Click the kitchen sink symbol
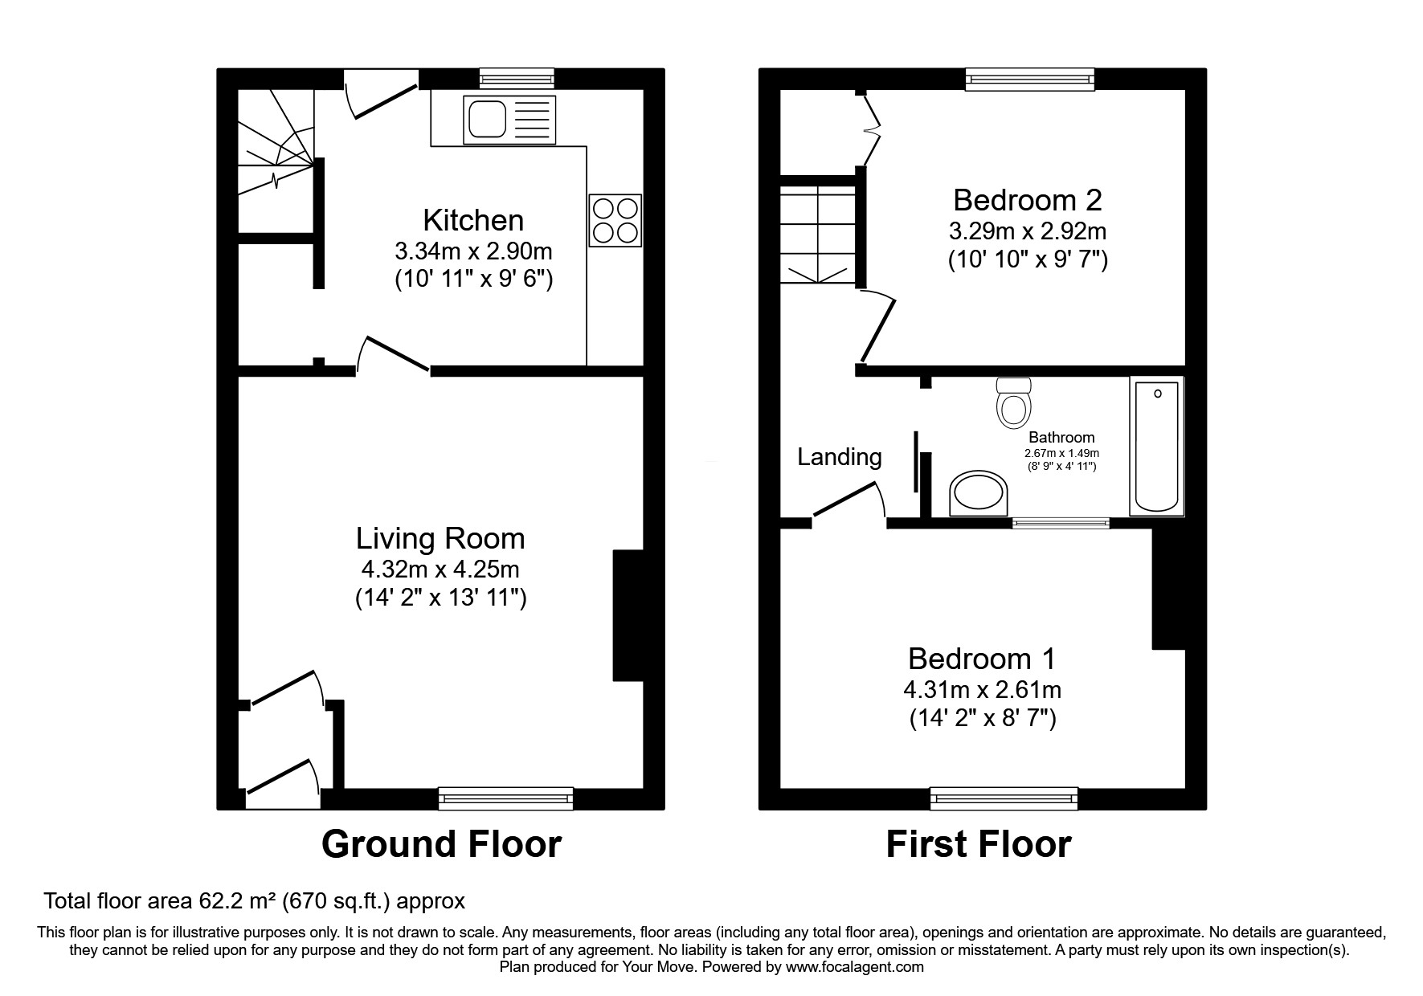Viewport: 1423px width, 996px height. click(509, 119)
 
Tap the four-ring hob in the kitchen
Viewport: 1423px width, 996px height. click(615, 220)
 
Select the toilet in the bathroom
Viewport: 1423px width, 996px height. click(1012, 404)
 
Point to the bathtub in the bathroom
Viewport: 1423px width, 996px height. click(1156, 446)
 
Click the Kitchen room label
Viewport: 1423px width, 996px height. click(472, 220)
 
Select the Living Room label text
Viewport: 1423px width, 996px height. click(440, 538)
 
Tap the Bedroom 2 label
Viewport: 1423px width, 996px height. click(1026, 199)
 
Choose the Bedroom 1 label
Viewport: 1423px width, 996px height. click(981, 659)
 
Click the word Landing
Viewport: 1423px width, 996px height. click(839, 457)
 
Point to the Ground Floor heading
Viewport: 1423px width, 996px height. click(441, 845)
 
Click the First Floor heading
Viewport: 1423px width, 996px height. click(978, 845)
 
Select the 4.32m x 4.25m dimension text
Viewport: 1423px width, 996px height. click(440, 569)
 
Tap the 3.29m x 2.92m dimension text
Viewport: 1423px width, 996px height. click(1027, 231)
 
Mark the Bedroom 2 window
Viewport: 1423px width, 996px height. click(1029, 78)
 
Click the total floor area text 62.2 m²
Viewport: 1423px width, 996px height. click(254, 900)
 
